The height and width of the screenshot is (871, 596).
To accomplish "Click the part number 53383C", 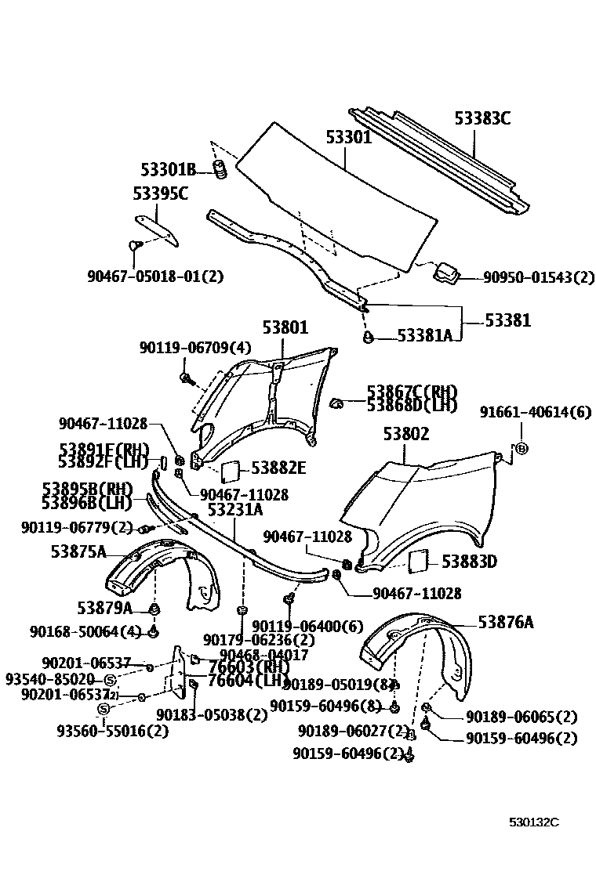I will (x=482, y=119).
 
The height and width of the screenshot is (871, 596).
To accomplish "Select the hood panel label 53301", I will (x=348, y=138).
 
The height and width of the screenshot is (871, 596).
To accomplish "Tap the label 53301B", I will (x=168, y=169).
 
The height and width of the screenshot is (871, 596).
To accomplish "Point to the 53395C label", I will (x=160, y=193).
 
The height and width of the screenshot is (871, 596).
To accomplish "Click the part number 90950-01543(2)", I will (x=538, y=277).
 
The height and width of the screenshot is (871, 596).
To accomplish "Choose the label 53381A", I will (x=424, y=335).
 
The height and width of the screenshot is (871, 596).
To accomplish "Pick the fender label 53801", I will (x=285, y=327).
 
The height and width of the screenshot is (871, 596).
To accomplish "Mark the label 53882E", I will (x=278, y=468).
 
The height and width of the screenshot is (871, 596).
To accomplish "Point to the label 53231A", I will (x=235, y=510).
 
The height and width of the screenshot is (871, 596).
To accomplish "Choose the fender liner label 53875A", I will (x=78, y=551).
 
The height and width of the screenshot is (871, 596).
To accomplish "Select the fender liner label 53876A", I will (x=506, y=622).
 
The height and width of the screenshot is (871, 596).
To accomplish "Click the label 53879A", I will (x=104, y=607).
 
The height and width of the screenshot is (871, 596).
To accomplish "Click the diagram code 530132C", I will (x=533, y=822).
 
